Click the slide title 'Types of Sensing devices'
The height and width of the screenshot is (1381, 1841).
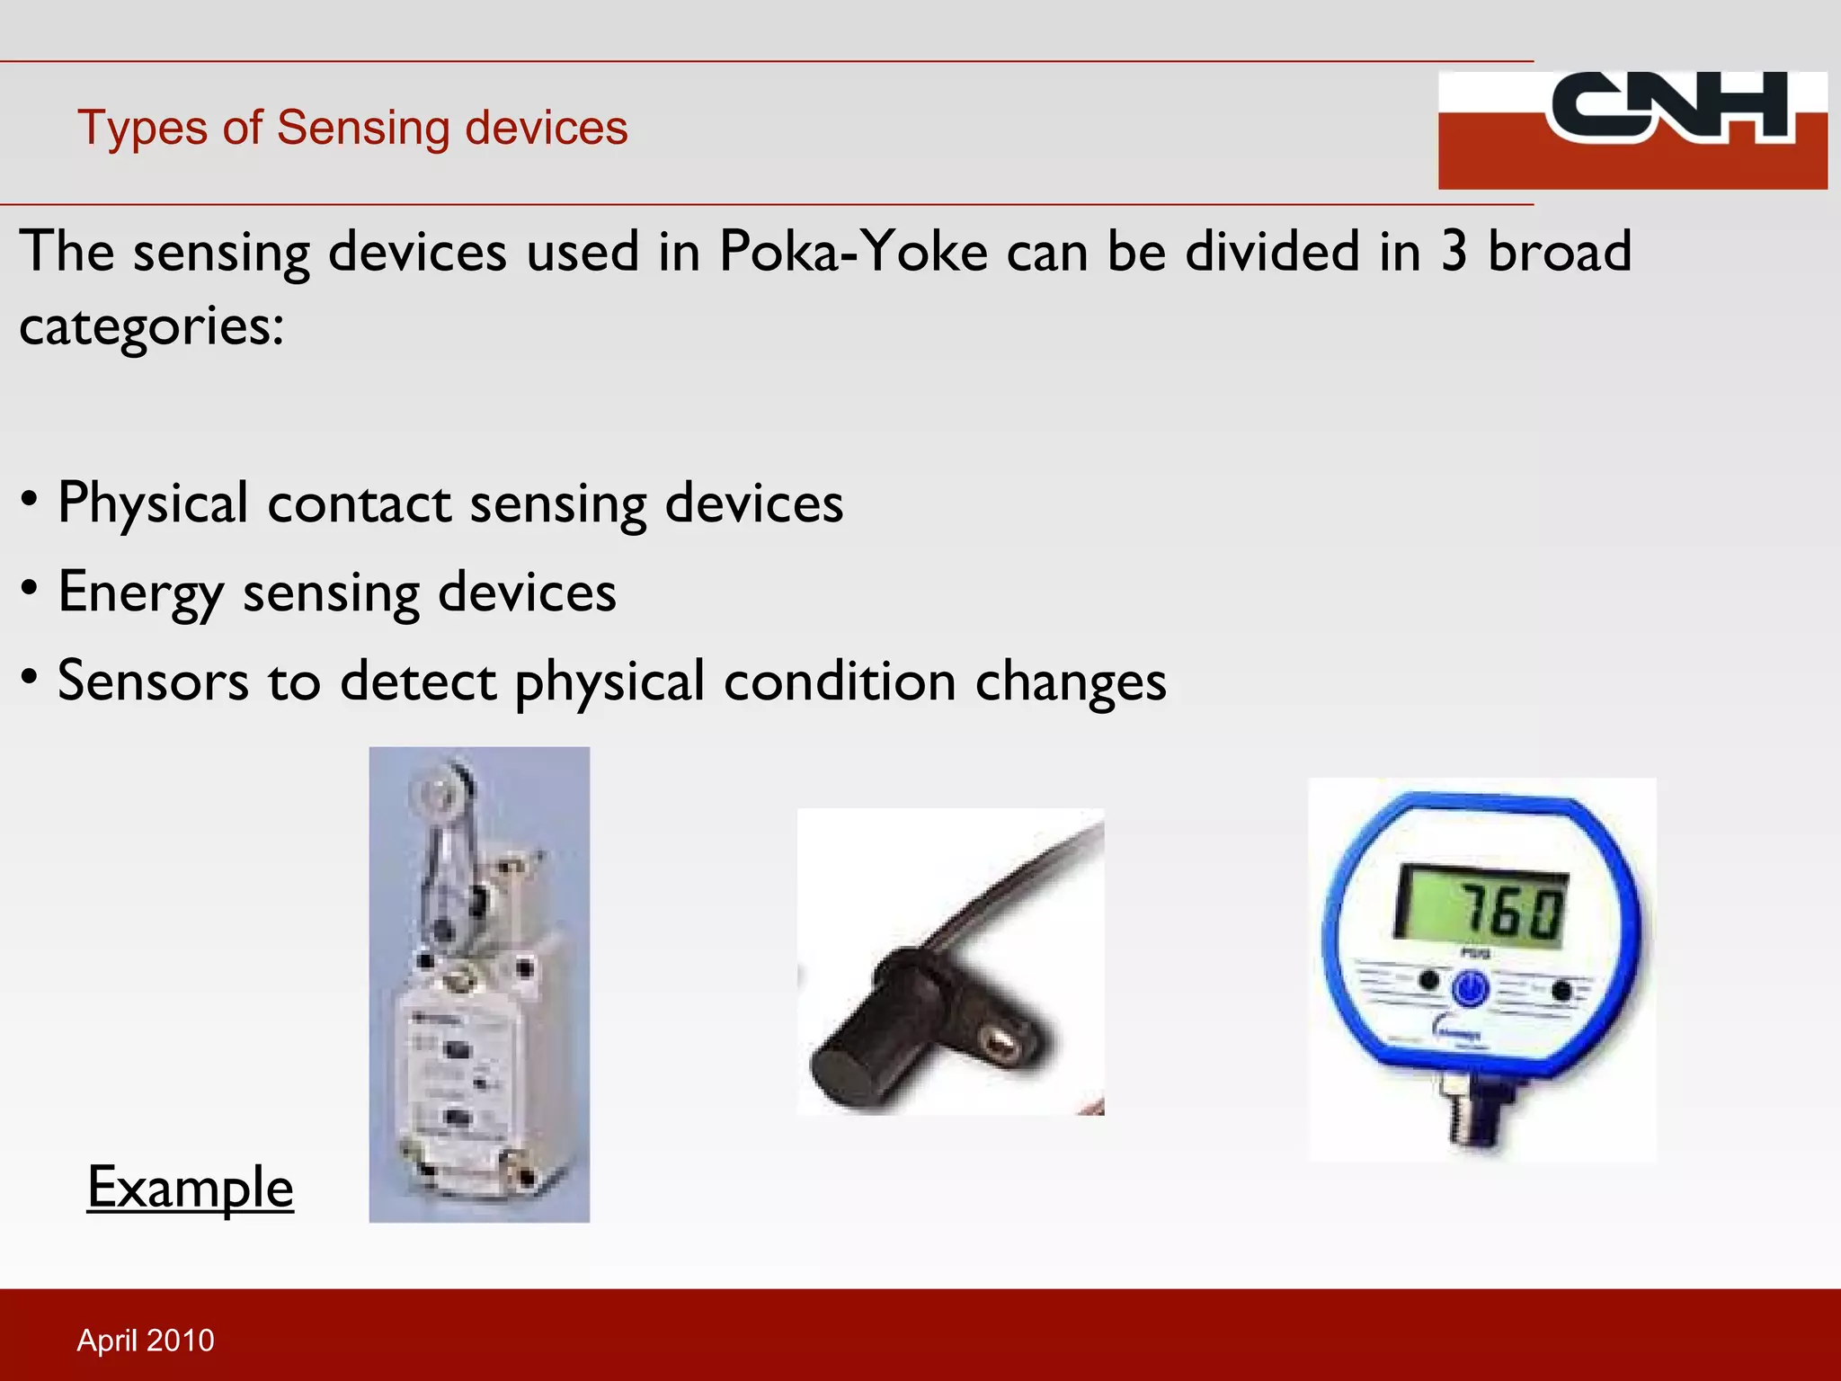(x=352, y=128)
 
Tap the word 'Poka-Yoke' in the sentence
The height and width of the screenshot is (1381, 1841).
(x=853, y=251)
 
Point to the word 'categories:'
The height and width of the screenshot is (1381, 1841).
(x=151, y=326)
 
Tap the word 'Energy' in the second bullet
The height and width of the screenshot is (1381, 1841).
(x=140, y=592)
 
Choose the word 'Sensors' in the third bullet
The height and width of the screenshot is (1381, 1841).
(x=153, y=682)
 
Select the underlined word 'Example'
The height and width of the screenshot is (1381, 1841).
(x=190, y=1188)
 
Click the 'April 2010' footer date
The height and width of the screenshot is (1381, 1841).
(x=146, y=1341)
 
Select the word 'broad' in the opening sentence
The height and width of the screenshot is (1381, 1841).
(x=1560, y=251)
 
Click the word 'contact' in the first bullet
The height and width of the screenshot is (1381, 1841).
(x=359, y=503)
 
